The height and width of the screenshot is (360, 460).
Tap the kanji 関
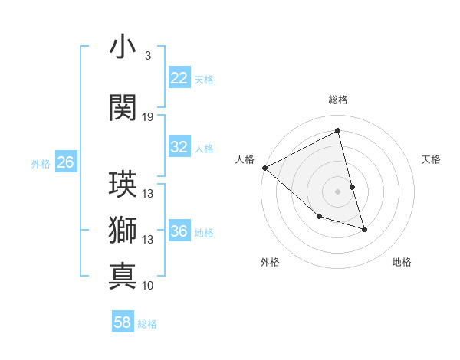click(123, 107)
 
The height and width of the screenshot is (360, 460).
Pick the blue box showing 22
click(179, 78)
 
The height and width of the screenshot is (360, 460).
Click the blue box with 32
click(179, 148)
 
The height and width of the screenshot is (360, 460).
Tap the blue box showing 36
click(179, 232)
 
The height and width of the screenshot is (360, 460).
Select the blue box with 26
click(65, 162)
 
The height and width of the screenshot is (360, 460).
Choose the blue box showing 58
click(123, 322)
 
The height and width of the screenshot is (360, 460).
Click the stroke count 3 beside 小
click(148, 56)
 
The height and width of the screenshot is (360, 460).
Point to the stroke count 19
click(148, 117)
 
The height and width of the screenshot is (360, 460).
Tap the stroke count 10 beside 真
click(148, 286)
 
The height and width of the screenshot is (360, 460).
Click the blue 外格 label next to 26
click(41, 163)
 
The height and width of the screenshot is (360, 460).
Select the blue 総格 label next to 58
click(147, 324)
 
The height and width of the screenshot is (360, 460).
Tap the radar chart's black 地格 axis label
click(402, 262)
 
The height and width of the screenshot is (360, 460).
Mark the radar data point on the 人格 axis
click(264, 168)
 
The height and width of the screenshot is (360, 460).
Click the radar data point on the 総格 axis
click(337, 131)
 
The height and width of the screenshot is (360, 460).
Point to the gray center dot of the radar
click(337, 191)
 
